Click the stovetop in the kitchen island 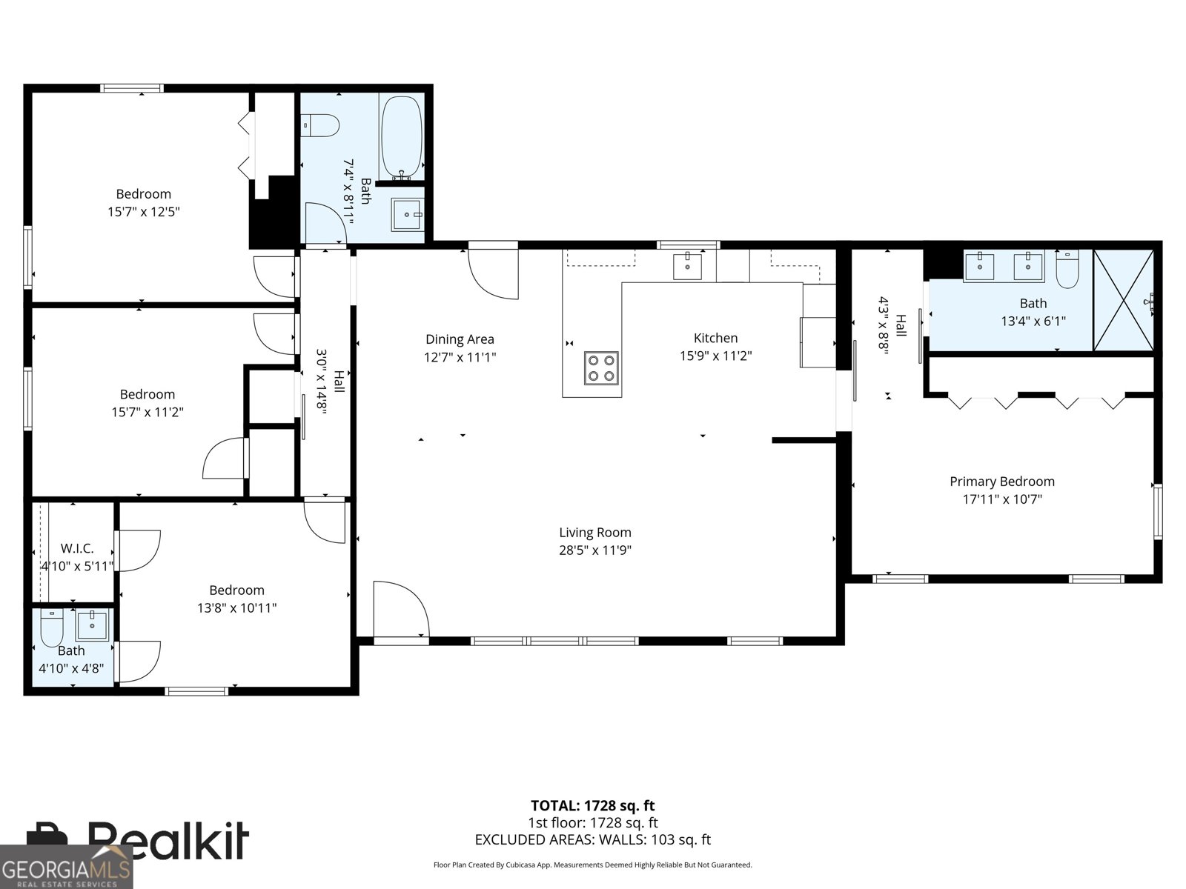(x=601, y=368)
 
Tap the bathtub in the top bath (x=402, y=138)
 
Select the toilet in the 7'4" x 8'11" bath (x=319, y=125)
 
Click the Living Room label (x=595, y=532)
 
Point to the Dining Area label (x=460, y=339)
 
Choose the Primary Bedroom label (x=1001, y=481)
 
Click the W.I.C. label (x=77, y=548)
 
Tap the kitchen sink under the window (x=687, y=266)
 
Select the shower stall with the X (x=1123, y=300)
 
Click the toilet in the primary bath (x=1067, y=268)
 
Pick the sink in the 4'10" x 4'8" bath (x=92, y=625)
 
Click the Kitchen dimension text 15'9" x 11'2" (x=715, y=356)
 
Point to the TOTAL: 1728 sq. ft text (x=592, y=806)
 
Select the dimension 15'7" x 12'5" (x=143, y=212)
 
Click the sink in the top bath (x=407, y=214)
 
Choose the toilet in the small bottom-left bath (x=52, y=627)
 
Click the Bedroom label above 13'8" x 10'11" (x=236, y=590)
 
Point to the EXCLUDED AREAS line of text (x=593, y=839)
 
